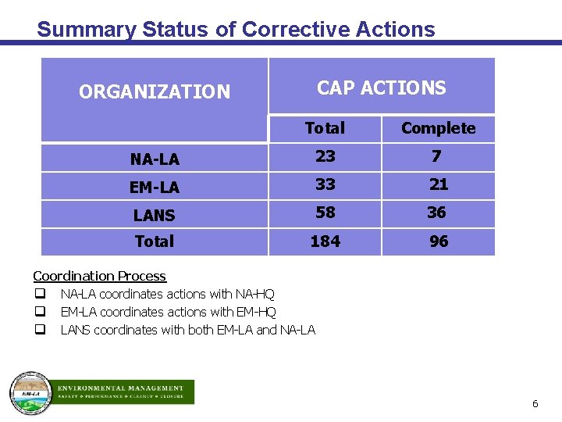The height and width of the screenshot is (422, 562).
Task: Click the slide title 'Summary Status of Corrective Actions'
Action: coord(236,30)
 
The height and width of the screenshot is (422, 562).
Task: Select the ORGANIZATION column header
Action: coord(155,92)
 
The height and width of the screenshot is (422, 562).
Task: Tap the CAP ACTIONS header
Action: coord(381,88)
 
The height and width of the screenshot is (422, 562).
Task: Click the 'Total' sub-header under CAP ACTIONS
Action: coord(325,128)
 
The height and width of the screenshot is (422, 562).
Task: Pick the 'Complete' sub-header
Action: coord(438,128)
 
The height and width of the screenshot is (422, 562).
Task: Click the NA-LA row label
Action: coord(155,159)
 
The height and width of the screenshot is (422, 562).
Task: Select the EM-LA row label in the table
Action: coord(155,188)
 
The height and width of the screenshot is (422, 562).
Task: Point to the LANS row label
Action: coord(155,215)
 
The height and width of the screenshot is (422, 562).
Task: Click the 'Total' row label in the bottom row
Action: coord(155,241)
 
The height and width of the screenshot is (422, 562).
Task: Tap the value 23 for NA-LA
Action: coord(325,156)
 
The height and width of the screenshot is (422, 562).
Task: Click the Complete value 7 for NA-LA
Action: coord(436,156)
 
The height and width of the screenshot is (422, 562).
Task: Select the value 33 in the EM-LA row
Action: coord(325,184)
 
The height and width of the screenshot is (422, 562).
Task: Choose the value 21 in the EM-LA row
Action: coord(439,184)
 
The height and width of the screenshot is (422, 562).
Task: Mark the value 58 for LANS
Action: coord(325,213)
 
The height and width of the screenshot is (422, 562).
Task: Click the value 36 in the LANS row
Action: coord(436,213)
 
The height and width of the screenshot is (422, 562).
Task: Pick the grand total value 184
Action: coord(325,241)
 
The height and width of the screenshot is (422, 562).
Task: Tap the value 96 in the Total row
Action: coord(439,241)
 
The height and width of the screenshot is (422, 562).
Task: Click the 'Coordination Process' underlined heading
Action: coord(99,276)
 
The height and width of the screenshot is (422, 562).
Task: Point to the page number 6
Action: coord(535,404)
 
